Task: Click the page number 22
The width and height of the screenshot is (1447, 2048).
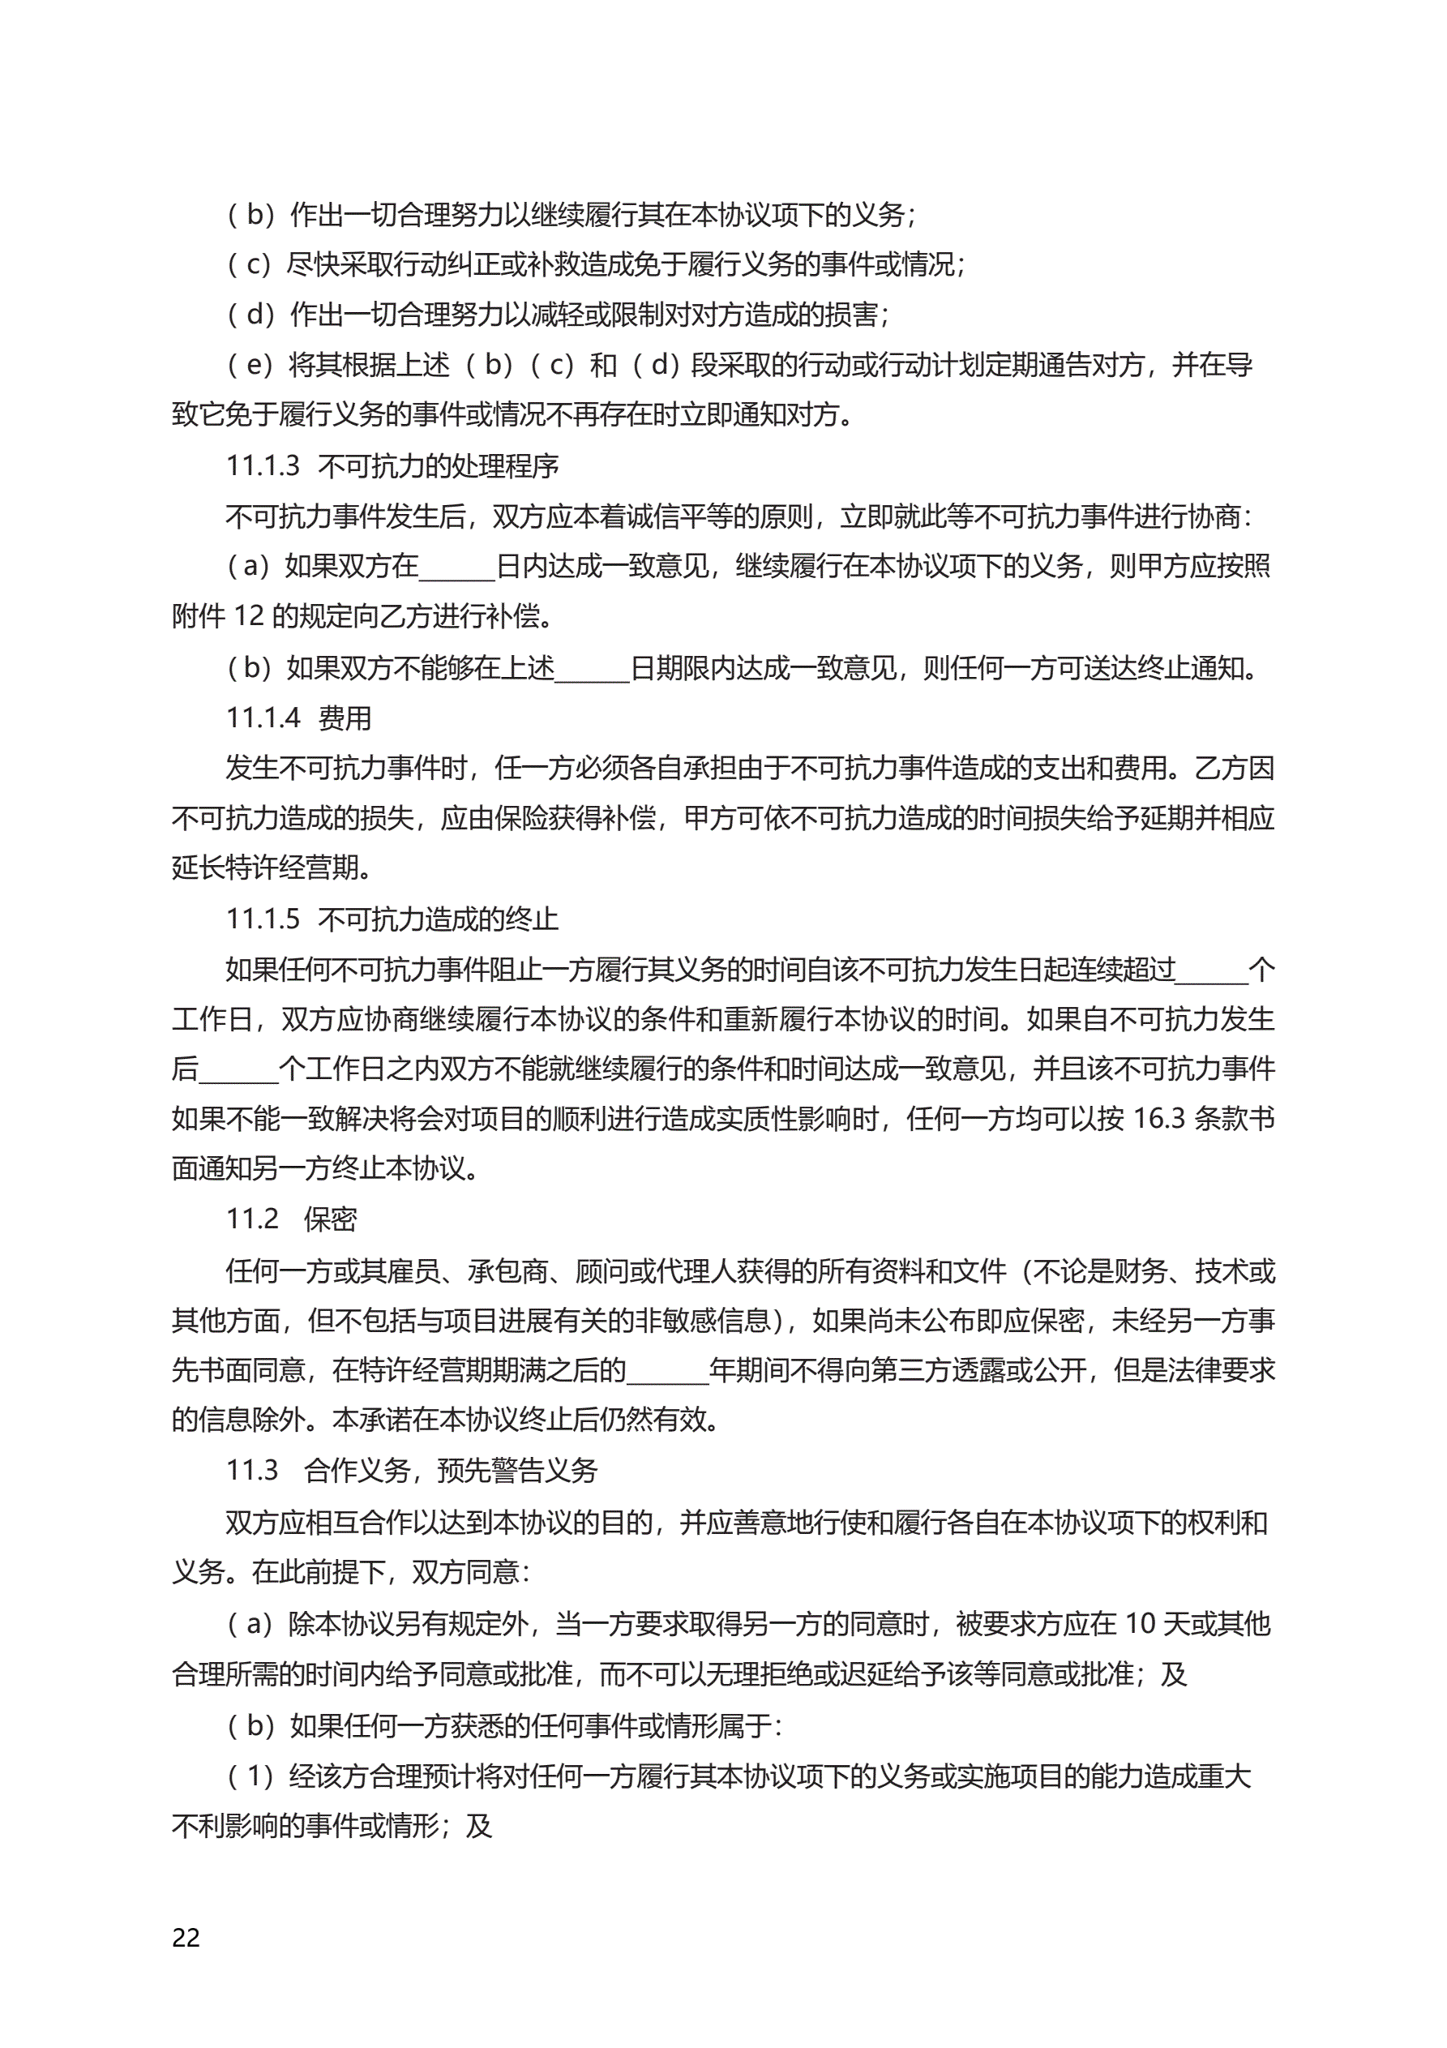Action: (x=186, y=1938)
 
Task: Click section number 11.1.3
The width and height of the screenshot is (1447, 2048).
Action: (x=263, y=465)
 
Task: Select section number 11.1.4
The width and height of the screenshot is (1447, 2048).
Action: (x=263, y=718)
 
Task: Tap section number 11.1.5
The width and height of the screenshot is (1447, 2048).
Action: (x=263, y=919)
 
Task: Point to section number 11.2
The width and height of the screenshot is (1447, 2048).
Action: (x=252, y=1219)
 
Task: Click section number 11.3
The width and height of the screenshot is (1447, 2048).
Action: (x=252, y=1470)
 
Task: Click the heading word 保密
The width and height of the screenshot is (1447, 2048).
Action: (x=330, y=1219)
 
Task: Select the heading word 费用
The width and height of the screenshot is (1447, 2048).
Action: (x=345, y=718)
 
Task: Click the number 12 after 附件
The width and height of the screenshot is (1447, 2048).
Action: (x=249, y=616)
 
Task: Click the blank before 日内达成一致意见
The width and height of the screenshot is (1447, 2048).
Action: (x=456, y=568)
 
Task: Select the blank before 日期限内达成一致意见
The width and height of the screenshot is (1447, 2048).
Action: (x=593, y=668)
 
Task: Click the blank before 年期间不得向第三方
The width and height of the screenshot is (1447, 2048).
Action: (x=667, y=1370)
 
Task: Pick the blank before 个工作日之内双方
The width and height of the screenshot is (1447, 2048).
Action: (x=239, y=1069)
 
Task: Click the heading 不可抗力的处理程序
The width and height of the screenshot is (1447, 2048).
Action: (x=438, y=466)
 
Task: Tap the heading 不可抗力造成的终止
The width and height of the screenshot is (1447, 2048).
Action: (x=438, y=919)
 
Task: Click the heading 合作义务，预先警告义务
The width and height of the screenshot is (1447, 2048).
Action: (x=451, y=1471)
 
